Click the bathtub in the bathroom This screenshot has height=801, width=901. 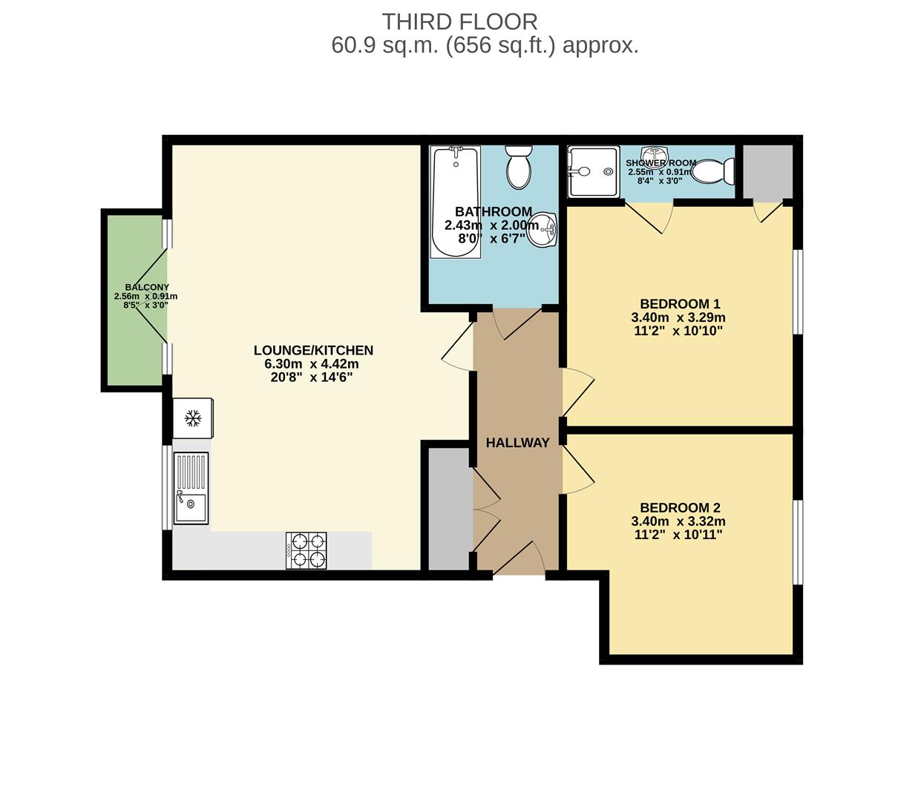(456, 202)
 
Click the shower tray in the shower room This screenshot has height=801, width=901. (593, 172)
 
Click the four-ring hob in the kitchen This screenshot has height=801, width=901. (307, 551)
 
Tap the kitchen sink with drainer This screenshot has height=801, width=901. (191, 489)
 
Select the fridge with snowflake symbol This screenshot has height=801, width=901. (193, 418)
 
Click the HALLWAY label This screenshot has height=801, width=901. (517, 443)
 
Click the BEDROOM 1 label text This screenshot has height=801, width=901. (680, 304)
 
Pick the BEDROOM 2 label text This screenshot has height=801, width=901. (680, 508)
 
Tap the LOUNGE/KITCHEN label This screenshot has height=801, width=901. (313, 350)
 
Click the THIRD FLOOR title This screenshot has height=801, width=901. (459, 22)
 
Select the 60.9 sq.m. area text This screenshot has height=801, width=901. (385, 46)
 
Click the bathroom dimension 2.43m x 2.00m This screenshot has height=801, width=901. (491, 225)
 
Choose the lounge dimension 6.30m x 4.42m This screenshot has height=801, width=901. (312, 364)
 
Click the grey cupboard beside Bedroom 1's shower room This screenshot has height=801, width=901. (768, 171)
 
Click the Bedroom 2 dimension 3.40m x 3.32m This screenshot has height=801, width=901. (678, 521)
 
